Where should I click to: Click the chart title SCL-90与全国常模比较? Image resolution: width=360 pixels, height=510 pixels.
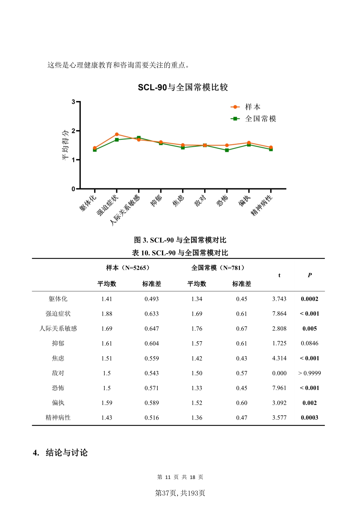point(183,87)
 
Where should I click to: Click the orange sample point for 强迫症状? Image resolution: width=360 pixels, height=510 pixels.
point(117,134)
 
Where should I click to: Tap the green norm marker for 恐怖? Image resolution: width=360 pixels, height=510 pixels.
point(227,150)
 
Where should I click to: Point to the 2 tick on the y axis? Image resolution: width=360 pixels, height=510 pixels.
point(73,131)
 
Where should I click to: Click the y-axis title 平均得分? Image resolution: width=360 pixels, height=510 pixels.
point(66,145)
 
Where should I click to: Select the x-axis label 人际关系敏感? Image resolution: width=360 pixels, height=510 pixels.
point(125,210)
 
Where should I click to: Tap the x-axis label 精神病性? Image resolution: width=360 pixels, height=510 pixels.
point(262,205)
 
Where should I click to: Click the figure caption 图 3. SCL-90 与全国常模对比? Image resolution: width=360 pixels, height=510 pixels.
point(180,240)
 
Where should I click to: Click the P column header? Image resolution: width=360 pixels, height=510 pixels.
point(309,275)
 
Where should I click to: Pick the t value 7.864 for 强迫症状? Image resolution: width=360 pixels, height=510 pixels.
point(279,314)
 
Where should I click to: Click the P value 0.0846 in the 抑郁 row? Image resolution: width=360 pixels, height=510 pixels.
point(309,343)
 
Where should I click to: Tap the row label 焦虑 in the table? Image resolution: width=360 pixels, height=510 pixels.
point(58,358)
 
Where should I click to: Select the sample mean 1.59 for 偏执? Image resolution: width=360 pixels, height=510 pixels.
point(107,403)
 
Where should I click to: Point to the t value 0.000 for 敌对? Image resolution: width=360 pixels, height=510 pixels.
point(279,373)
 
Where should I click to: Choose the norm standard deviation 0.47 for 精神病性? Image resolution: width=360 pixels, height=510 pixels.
point(242,418)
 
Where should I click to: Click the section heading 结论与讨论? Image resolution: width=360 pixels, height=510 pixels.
point(66,453)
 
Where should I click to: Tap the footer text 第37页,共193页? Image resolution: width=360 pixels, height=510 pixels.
point(180,493)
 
